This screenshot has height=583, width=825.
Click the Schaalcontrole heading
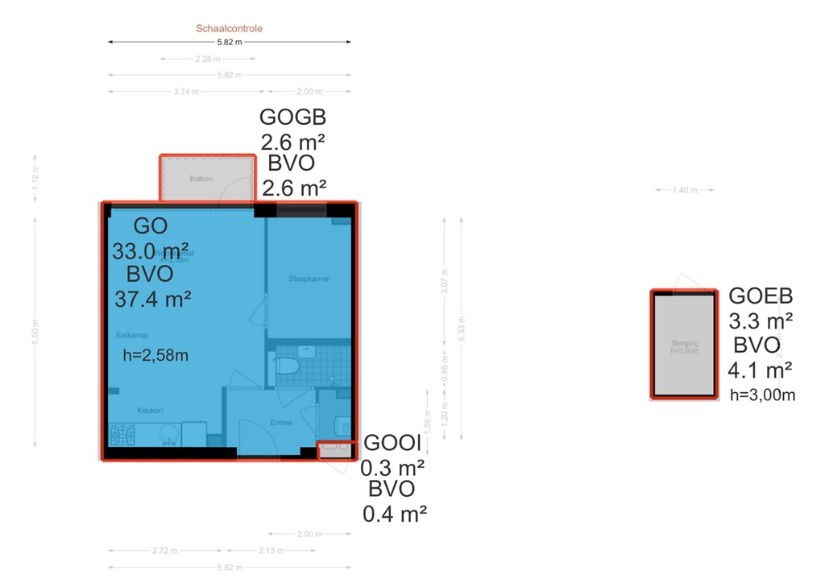229,28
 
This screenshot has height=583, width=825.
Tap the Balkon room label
201,179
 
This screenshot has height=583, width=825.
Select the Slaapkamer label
309,279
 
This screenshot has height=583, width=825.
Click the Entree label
281,423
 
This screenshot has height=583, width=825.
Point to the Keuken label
150,411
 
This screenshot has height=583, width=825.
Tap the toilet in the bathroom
288,367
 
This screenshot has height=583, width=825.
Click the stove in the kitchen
123,435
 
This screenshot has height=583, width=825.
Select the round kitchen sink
167,435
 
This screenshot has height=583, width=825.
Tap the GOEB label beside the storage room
761,295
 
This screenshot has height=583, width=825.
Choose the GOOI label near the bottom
392,443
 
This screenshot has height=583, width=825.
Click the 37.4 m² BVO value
153,300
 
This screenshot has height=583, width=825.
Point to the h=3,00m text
762,395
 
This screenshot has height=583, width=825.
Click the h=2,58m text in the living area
155,355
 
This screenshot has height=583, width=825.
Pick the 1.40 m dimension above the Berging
684,190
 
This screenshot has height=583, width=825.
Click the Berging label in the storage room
685,344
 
